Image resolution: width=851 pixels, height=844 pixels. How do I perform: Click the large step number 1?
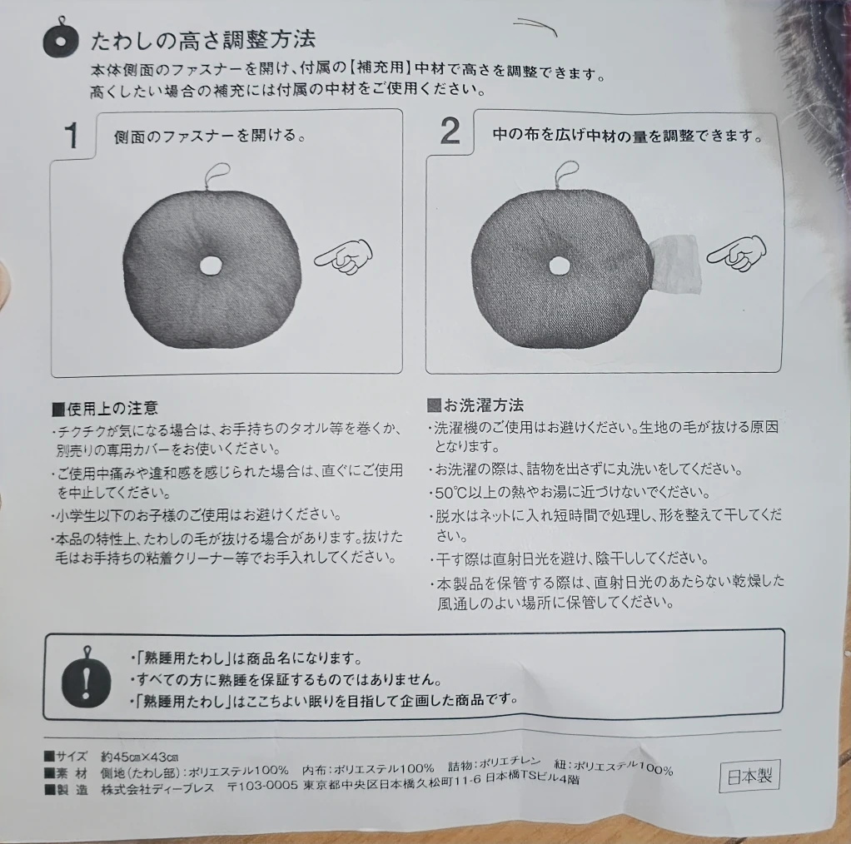[71, 135]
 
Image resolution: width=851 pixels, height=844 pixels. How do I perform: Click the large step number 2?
[450, 132]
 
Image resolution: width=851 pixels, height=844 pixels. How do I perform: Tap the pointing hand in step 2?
[736, 253]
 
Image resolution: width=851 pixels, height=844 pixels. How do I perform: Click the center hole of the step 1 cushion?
[211, 266]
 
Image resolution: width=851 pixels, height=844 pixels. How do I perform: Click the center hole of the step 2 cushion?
[559, 266]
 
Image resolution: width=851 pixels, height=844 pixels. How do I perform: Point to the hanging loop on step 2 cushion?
[566, 175]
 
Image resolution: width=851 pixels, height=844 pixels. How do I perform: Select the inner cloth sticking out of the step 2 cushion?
[674, 264]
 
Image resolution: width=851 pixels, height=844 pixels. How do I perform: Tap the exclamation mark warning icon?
[87, 679]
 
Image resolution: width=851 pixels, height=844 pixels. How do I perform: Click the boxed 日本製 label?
[749, 777]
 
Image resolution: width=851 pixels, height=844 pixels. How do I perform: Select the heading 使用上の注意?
[105, 408]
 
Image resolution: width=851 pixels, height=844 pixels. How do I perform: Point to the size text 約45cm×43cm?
[140, 756]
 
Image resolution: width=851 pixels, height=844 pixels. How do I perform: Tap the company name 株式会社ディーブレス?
[157, 788]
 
